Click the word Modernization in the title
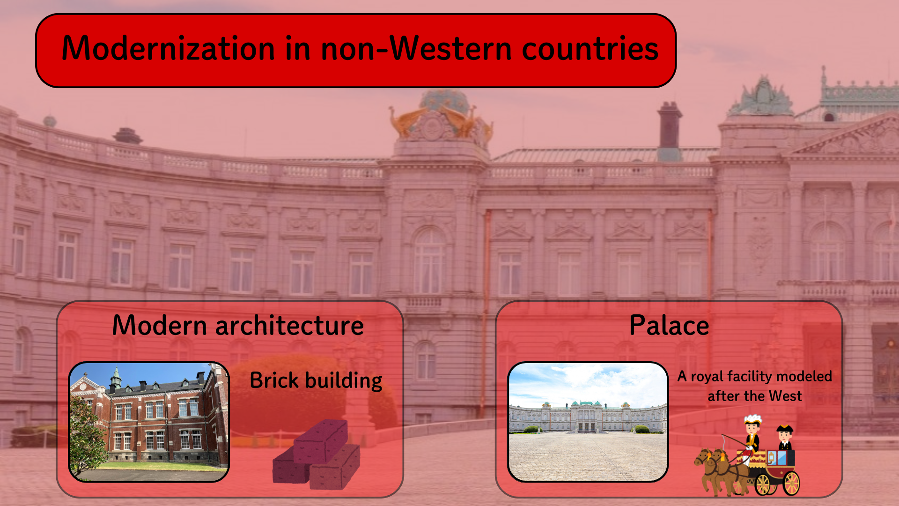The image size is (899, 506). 168,48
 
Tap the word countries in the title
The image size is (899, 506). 590,49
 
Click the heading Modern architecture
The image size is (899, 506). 238,325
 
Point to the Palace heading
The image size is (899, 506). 669,325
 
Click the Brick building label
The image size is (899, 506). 316,380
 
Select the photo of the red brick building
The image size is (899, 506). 149,422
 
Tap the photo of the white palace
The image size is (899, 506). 588,422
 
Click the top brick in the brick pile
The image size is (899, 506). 321,440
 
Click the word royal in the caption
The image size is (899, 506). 707,377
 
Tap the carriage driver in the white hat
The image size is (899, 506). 752,433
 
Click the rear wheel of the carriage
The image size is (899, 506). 791,483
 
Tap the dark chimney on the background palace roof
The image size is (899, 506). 670,126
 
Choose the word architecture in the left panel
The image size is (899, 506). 289,325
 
